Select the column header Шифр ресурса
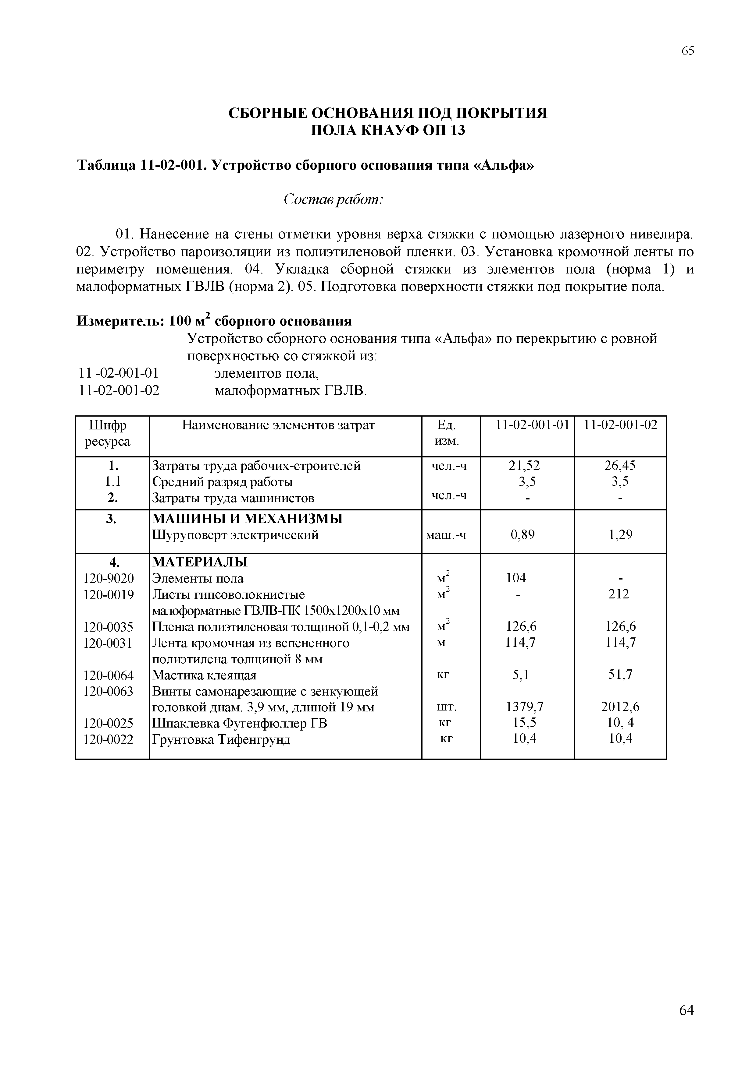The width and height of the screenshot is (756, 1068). tap(108, 433)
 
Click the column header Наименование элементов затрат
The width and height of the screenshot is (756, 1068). tap(278, 425)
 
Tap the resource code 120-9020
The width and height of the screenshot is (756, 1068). tap(109, 578)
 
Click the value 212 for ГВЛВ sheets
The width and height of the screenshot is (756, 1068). tap(619, 594)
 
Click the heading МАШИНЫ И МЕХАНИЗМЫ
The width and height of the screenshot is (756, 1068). tap(247, 519)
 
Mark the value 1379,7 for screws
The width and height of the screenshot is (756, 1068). tap(525, 707)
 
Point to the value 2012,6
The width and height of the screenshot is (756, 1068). tap(620, 707)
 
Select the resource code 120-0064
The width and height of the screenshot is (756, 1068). tap(109, 675)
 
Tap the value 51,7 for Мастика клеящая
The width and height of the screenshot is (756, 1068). tap(620, 675)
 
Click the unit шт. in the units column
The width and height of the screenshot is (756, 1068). tap(447, 707)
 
